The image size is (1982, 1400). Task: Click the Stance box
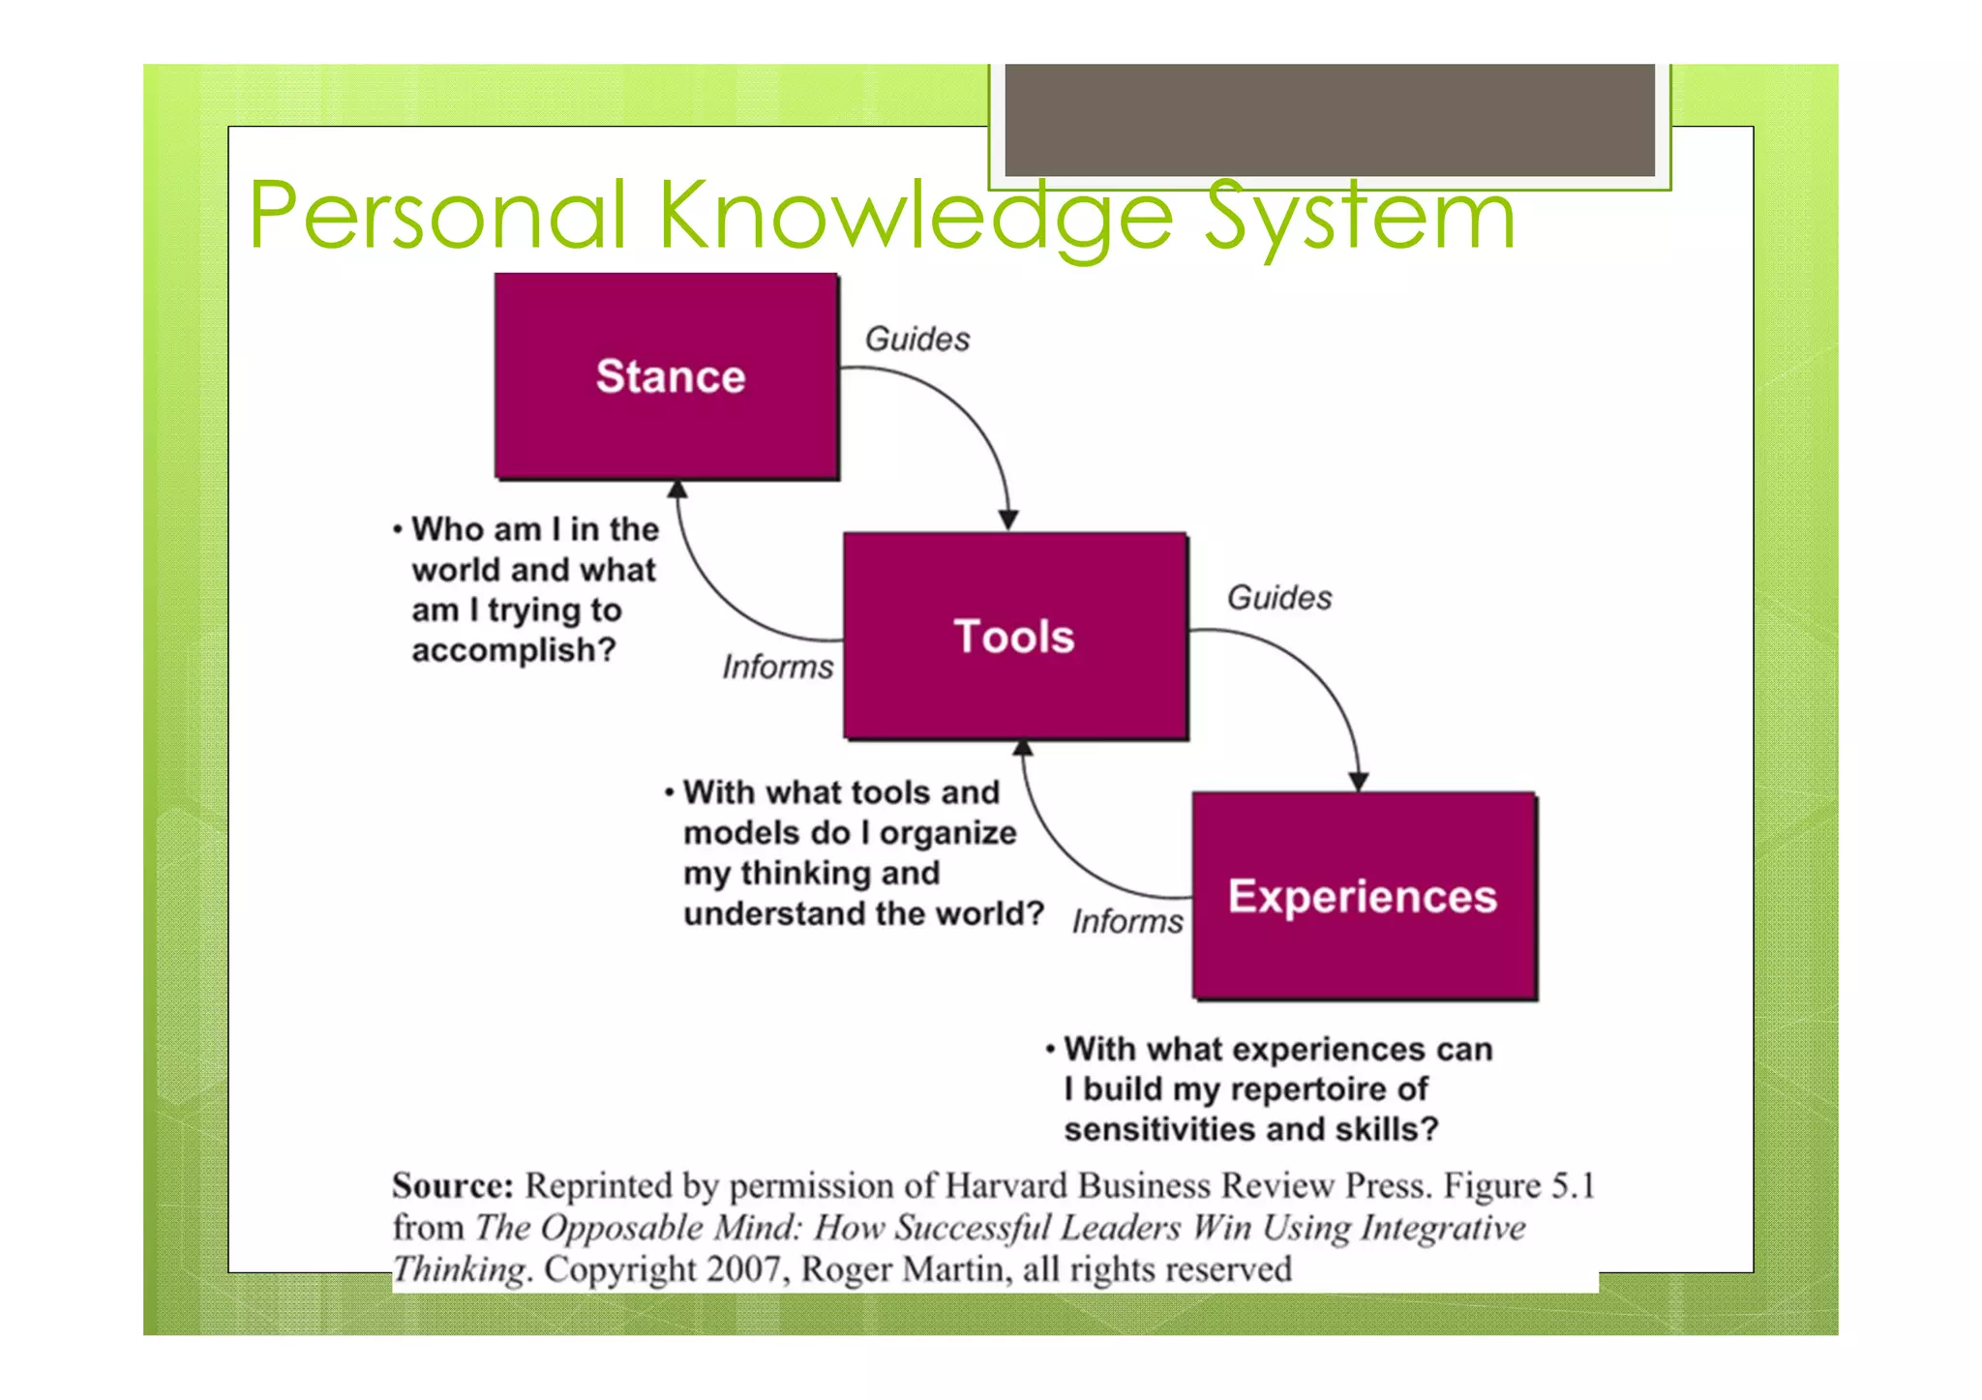[667, 376]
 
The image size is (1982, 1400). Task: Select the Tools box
[1014, 636]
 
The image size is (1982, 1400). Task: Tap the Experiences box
[1364, 896]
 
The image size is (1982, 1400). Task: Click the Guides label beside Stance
[916, 340]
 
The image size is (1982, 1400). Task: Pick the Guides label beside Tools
[1278, 598]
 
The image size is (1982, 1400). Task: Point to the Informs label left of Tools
[777, 667]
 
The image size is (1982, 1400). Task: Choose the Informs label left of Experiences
[1126, 921]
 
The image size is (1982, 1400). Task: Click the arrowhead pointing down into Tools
[1007, 520]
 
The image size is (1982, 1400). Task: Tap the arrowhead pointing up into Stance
[677, 490]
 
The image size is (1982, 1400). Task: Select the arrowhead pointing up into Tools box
[1023, 748]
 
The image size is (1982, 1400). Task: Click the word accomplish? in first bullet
[513, 650]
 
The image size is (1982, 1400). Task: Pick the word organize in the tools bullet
[947, 833]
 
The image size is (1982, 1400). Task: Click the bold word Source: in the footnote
[452, 1185]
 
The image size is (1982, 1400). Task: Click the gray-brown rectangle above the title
[1329, 120]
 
